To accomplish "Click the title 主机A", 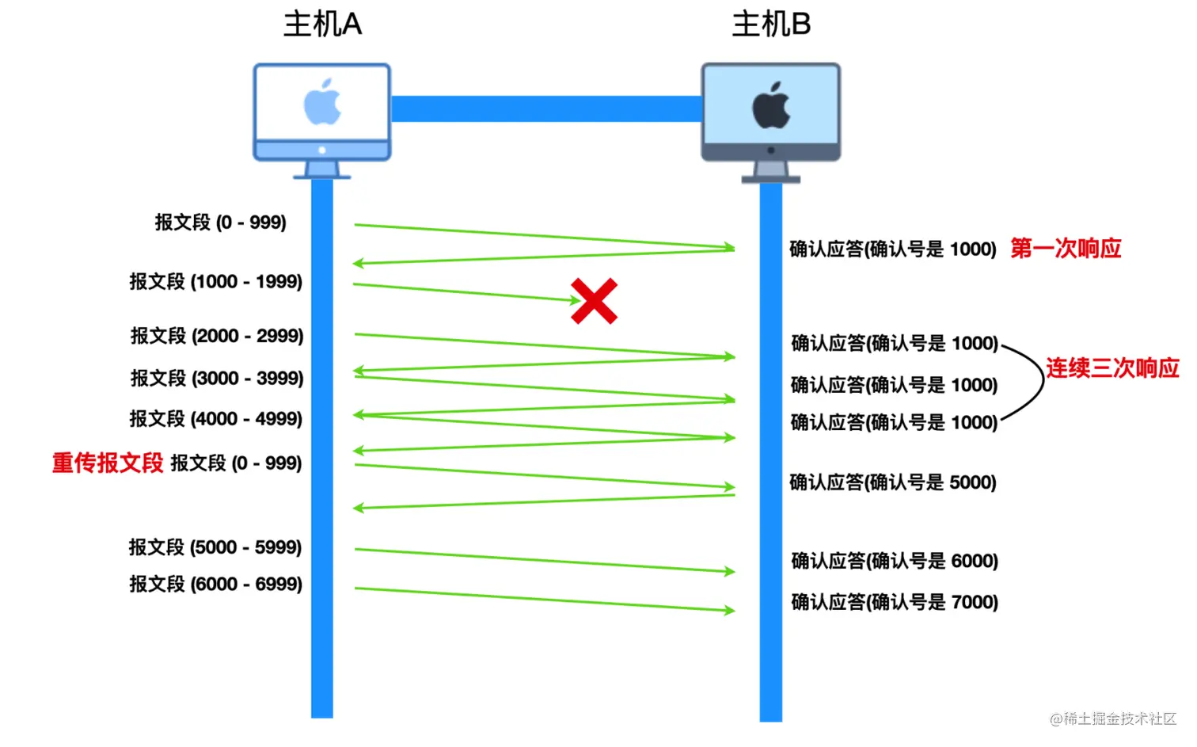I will point(322,25).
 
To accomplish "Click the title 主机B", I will point(771,25).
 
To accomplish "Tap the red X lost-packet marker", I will point(594,301).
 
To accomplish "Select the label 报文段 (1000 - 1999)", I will point(216,282).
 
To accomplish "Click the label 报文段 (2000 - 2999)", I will point(217,336).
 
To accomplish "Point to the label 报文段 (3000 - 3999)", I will point(217,378).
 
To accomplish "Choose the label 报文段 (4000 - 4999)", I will point(216,418).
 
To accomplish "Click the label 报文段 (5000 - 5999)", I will point(215,547).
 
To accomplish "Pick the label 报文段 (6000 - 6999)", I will point(216,585).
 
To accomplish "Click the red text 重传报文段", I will point(108,463).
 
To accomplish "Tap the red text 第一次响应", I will point(1066,249).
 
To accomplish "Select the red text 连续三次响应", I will point(1112,368).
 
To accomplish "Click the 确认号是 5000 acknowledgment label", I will point(893,482).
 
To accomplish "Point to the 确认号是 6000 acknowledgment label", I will point(895,562).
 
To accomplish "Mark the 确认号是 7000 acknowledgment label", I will point(895,602).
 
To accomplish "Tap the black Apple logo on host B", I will point(771,105).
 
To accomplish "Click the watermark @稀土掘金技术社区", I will point(1113,718).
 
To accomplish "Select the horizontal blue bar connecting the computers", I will point(546,109).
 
